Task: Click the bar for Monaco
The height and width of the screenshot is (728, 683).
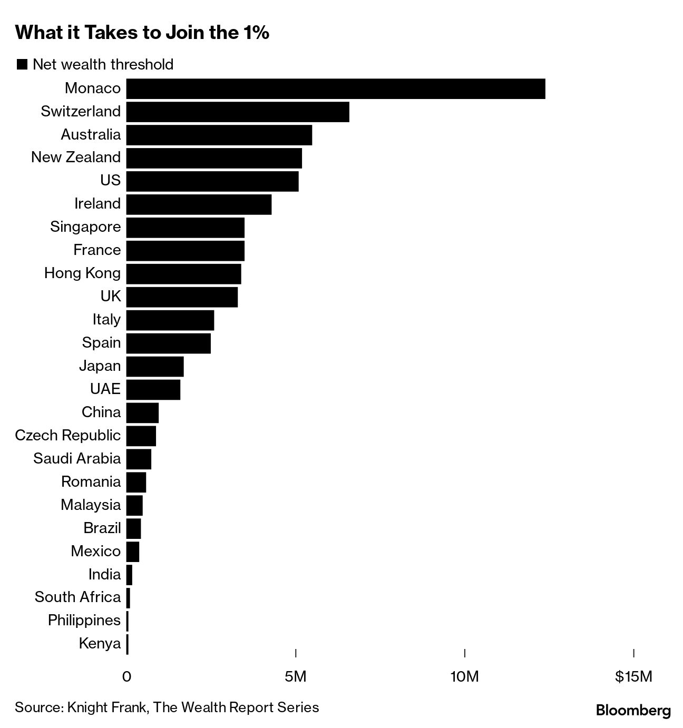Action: [336, 88]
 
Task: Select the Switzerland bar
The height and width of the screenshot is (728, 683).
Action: [238, 112]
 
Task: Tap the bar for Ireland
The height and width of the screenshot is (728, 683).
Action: [199, 204]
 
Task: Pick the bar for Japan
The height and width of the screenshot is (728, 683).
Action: [155, 366]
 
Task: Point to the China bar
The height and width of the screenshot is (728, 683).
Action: [142, 412]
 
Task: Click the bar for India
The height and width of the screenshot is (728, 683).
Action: [129, 574]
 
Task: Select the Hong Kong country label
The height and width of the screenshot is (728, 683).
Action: [82, 273]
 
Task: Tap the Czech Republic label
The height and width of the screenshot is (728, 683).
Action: [68, 435]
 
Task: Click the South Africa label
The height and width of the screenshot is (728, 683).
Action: [77, 597]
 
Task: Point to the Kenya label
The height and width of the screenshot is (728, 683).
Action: [100, 643]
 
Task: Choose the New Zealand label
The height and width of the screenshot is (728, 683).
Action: [76, 157]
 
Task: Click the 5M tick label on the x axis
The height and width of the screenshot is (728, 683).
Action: [295, 676]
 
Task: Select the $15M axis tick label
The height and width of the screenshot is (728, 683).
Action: [633, 676]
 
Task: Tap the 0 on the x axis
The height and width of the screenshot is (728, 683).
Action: [126, 676]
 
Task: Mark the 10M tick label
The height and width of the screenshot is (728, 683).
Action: [465, 676]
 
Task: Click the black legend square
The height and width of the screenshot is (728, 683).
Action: [22, 64]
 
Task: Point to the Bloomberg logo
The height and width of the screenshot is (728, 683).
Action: [633, 711]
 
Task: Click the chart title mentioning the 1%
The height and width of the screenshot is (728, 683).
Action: [142, 33]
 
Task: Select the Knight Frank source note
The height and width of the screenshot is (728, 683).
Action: [167, 707]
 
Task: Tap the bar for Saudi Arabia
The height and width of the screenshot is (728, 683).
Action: [139, 459]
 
